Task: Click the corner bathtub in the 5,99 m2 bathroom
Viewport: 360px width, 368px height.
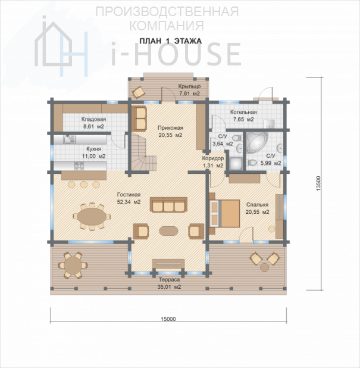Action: [x=257, y=142]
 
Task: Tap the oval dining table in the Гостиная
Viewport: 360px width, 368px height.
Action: [x=91, y=216]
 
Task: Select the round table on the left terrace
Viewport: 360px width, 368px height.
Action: [x=73, y=265]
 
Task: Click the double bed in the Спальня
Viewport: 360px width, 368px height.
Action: [x=225, y=213]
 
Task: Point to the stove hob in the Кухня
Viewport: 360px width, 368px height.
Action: [x=79, y=166]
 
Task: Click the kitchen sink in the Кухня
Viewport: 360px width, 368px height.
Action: [x=69, y=139]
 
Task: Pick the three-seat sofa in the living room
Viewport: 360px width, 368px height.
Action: [x=168, y=205]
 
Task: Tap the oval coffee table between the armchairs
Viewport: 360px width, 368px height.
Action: [x=168, y=231]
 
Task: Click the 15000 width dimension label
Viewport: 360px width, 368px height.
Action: [x=168, y=319]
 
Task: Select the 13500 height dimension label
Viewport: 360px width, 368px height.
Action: [x=318, y=183]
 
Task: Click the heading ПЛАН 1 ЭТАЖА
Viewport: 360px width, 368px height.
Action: [x=171, y=41]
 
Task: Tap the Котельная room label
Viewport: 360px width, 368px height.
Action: [x=243, y=112]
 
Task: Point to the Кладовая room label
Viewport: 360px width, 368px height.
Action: [x=93, y=119]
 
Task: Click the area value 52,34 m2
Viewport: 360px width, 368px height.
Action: [x=129, y=202]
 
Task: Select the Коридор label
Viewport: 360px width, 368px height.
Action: [x=213, y=158]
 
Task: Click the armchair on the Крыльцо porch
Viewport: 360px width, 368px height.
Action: [x=139, y=92]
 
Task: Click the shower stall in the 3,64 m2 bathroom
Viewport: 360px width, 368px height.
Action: [x=236, y=163]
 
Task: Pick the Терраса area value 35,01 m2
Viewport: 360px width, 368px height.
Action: [x=170, y=287]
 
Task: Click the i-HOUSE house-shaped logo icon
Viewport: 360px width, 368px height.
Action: [x=61, y=46]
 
